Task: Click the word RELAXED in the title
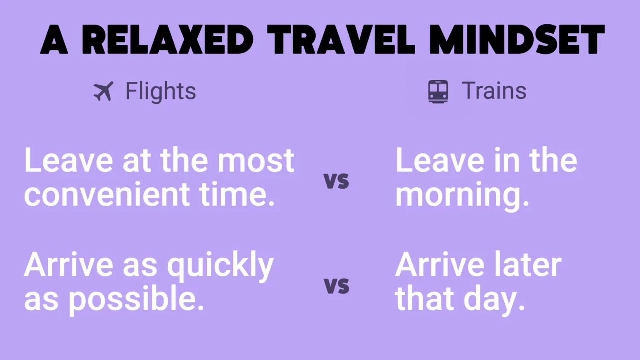[167, 40]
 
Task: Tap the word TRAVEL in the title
[341, 40]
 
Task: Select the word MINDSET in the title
[517, 40]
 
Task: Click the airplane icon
[103, 91]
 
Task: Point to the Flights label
[160, 91]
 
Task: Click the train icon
[438, 91]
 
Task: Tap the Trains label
[494, 91]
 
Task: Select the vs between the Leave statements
[336, 180]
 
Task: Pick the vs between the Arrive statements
[336, 285]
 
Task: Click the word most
[256, 161]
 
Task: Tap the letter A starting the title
[54, 40]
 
